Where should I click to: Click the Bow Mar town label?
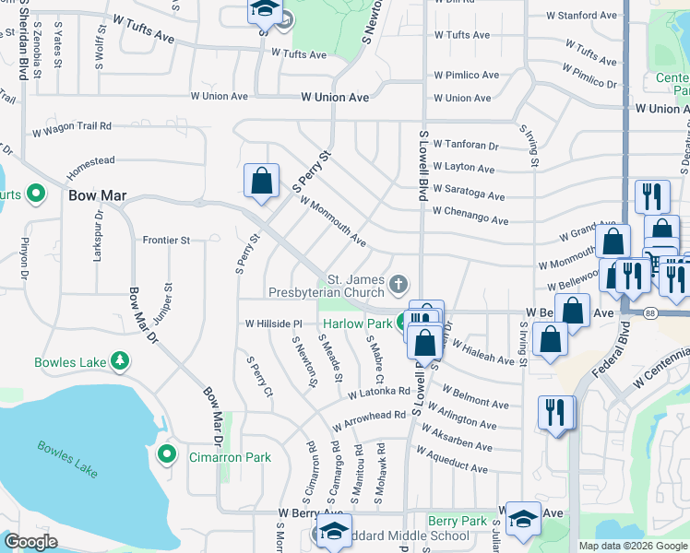tap(97, 196)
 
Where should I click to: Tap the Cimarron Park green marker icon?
tap(167, 453)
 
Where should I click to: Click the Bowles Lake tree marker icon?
tap(119, 360)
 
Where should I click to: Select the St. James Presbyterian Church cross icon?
tap(399, 283)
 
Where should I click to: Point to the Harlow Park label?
tap(356, 324)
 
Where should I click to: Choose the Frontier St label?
tap(166, 240)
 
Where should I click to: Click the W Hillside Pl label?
tap(273, 324)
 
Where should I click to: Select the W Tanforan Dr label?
tap(465, 145)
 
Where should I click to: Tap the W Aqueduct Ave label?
tap(451, 461)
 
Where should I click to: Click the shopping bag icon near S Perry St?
tap(262, 180)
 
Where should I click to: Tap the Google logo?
tap(30, 542)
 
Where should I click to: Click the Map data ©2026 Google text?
tap(633, 546)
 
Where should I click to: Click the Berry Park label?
tap(458, 521)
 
